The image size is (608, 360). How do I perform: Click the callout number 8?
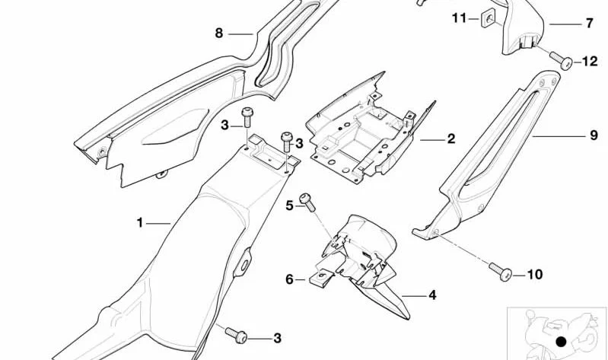[219, 33]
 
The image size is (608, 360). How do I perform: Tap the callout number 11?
[460, 18]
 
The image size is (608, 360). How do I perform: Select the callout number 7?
[590, 24]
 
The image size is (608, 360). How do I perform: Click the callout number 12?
[590, 62]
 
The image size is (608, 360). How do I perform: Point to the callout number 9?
[594, 135]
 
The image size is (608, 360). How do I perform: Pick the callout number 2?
[451, 139]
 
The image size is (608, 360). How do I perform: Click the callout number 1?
[140, 223]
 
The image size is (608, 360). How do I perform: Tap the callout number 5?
[290, 205]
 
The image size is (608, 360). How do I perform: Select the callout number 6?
[290, 279]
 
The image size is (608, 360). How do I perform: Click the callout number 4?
[432, 295]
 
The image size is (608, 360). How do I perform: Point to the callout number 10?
[535, 275]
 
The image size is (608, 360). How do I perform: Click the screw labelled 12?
[561, 60]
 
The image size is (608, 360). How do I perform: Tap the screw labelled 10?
[501, 272]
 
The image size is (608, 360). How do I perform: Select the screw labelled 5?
[307, 202]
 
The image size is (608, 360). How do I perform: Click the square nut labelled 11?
[489, 19]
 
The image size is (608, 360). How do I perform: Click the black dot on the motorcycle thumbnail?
[561, 342]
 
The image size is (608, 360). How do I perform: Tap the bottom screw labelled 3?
[236, 335]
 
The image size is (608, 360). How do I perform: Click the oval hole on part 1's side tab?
[244, 266]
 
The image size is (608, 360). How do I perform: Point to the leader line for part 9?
[559, 136]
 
